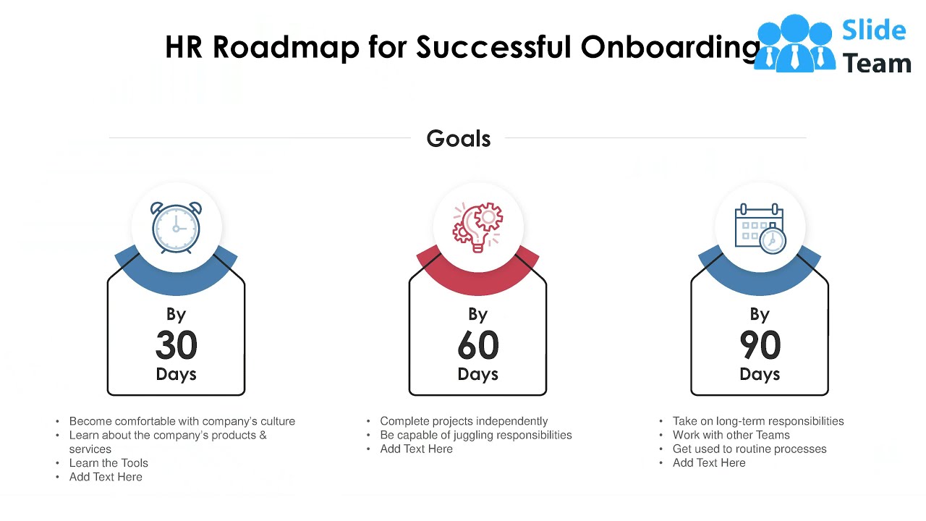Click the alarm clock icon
(177, 228)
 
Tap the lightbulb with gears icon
(477, 228)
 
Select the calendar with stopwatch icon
(760, 228)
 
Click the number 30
(177, 345)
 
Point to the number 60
(477, 345)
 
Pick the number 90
(760, 345)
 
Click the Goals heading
(459, 138)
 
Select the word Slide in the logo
(874, 30)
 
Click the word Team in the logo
(877, 64)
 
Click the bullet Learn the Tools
(109, 463)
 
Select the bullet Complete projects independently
(464, 421)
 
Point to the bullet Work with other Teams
(731, 435)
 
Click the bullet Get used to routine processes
(749, 449)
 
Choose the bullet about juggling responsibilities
(475, 435)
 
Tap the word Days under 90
(760, 374)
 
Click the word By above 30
(177, 314)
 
